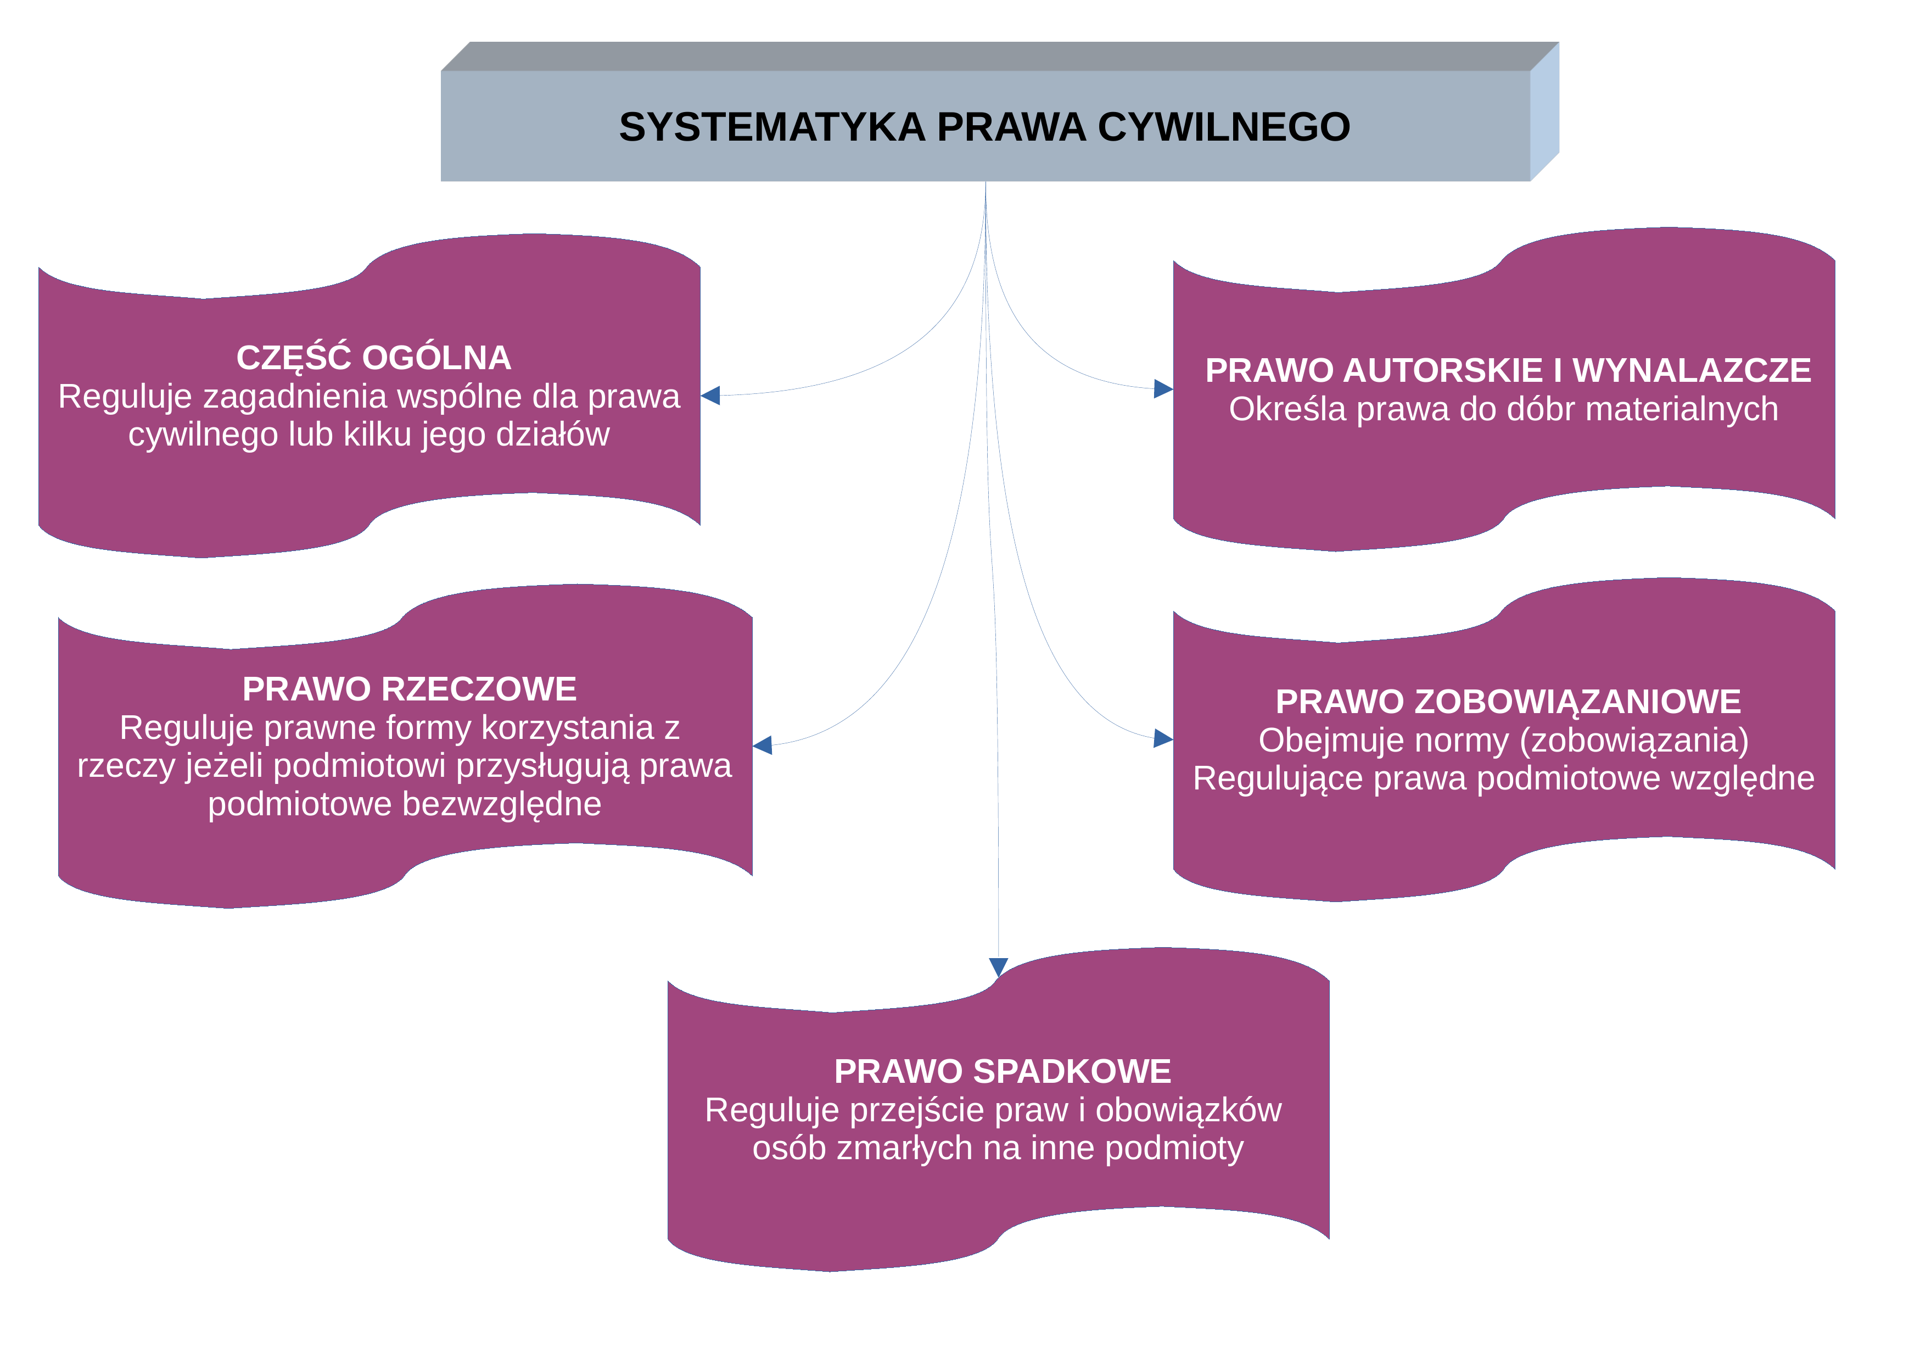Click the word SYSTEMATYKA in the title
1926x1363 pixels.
[772, 127]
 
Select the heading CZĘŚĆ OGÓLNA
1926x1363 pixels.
[373, 358]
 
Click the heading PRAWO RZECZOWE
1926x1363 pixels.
[410, 689]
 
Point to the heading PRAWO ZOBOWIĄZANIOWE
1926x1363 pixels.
[1508, 702]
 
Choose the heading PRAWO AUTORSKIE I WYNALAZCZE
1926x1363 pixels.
[1508, 370]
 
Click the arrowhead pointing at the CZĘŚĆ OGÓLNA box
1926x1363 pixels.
[710, 396]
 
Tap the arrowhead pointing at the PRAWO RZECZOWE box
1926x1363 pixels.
[763, 744]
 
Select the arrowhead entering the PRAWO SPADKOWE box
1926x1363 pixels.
[998, 967]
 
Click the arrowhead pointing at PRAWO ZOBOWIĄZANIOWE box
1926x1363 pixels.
[1163, 738]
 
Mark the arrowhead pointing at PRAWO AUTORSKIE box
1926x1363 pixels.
[1163, 388]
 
